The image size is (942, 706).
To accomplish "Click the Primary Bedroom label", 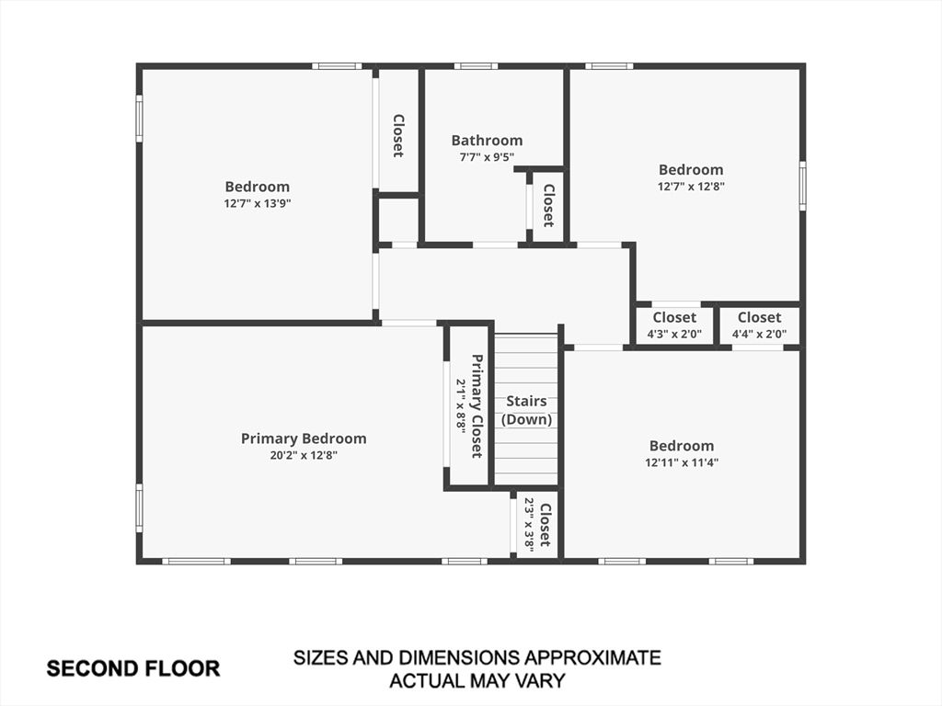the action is (x=304, y=438).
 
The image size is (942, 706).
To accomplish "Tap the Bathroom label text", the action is (x=487, y=141).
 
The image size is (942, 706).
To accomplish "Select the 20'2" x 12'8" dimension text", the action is (x=304, y=455).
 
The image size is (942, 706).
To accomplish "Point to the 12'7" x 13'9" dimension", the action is (x=258, y=203).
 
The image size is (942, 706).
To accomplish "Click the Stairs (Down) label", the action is (x=526, y=410).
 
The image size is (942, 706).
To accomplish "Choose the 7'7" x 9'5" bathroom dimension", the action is (x=487, y=156).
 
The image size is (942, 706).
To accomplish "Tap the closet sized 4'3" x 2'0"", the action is (x=674, y=325).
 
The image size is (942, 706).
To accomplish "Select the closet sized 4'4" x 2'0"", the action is (x=759, y=325).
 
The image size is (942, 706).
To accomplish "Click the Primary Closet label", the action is (x=477, y=406).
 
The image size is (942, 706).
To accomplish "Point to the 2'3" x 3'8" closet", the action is (x=537, y=525).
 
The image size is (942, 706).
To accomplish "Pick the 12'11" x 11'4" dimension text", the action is (x=682, y=462).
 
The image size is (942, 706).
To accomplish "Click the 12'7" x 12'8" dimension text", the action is (x=691, y=186).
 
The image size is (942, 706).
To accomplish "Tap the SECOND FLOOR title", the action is (x=133, y=669).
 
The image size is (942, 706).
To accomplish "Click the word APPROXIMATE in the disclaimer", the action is (x=592, y=657).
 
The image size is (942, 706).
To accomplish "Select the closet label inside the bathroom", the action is (x=548, y=205).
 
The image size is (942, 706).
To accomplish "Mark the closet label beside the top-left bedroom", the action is (x=397, y=136).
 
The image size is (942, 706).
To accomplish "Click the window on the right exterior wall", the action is (x=802, y=186).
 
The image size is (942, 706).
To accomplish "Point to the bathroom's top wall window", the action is (x=476, y=66).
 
